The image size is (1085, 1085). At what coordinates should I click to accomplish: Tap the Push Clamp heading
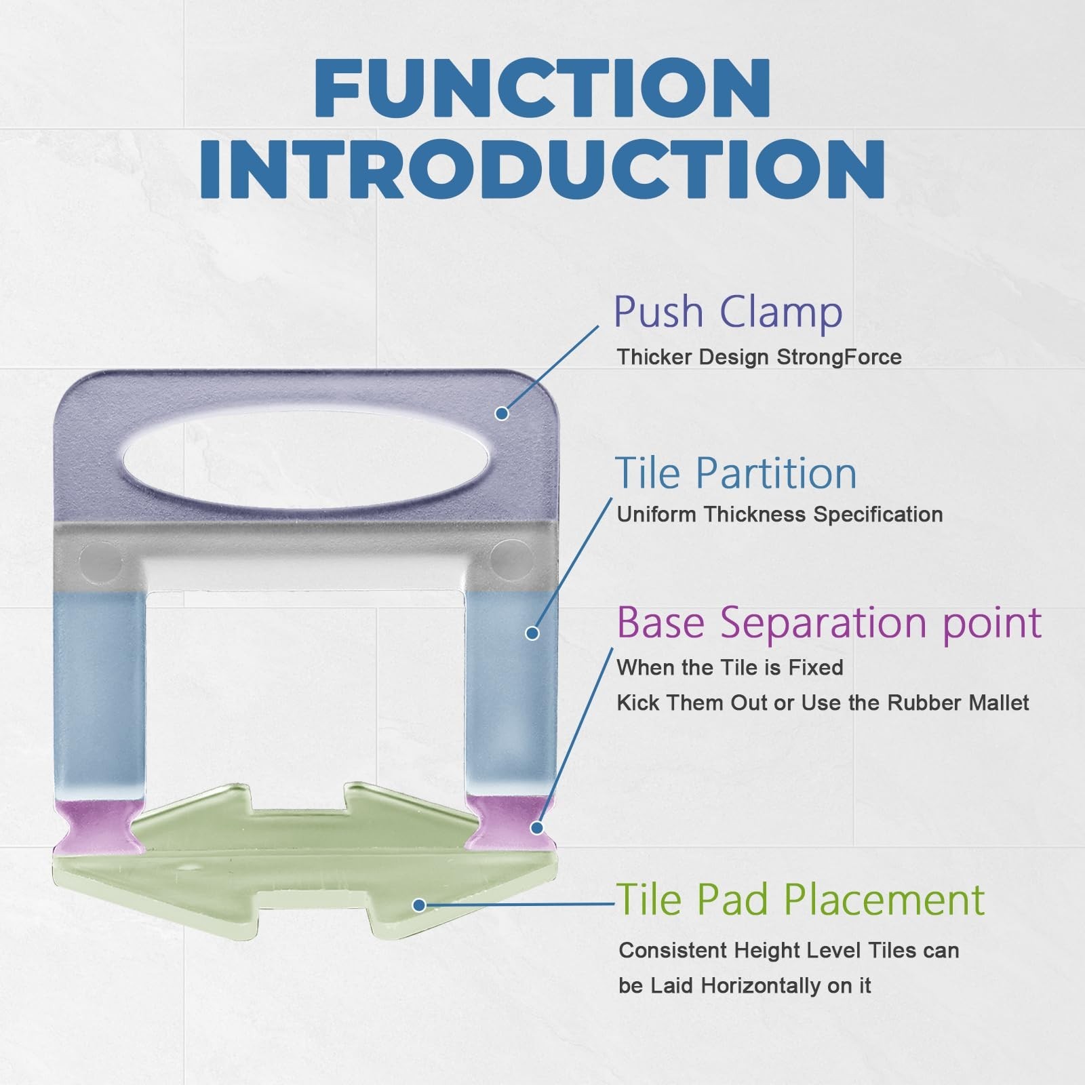pos(728,312)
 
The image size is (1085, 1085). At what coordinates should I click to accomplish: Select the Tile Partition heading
pos(736,473)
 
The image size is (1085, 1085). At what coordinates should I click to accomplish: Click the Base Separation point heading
pos(829,622)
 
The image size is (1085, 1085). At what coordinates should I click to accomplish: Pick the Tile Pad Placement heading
pos(800,900)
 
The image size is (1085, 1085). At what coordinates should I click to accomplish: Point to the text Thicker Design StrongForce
pos(759,357)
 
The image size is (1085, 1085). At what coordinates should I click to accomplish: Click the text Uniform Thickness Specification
pos(780,515)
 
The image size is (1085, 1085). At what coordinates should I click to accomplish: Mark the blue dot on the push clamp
pos(502,413)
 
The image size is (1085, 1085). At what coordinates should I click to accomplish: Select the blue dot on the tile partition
pos(532,633)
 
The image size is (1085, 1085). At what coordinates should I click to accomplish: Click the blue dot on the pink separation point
pos(537,827)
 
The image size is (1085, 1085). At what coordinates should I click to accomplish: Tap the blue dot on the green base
pos(419,905)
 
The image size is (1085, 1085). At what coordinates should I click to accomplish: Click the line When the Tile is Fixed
pos(730,668)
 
